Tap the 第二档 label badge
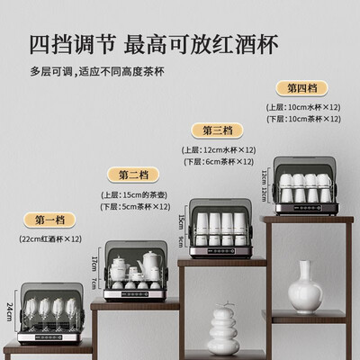point(139,175)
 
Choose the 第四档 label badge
point(301,88)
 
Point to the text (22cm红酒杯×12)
point(51,238)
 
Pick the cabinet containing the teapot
point(135,271)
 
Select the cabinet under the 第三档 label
point(217,226)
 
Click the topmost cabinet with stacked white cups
point(305,188)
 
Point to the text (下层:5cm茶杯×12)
point(138,206)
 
